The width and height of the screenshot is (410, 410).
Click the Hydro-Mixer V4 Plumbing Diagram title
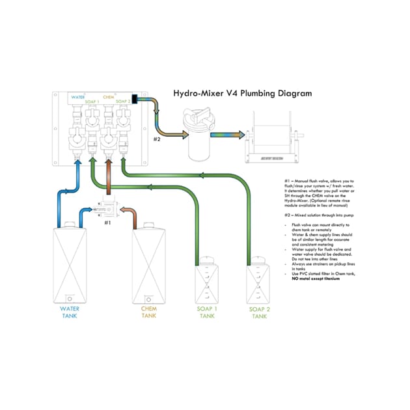click(x=242, y=93)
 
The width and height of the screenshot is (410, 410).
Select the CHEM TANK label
click(x=149, y=312)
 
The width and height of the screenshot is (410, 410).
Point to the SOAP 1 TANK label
click(x=206, y=312)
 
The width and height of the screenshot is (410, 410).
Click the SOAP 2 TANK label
click(x=259, y=312)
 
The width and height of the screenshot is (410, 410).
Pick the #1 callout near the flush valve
click(x=109, y=222)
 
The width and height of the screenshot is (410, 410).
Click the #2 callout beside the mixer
click(x=156, y=139)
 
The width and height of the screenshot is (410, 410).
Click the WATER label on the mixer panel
click(x=78, y=97)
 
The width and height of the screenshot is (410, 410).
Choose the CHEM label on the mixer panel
click(x=109, y=97)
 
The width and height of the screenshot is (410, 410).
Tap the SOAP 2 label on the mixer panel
click(x=124, y=102)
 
